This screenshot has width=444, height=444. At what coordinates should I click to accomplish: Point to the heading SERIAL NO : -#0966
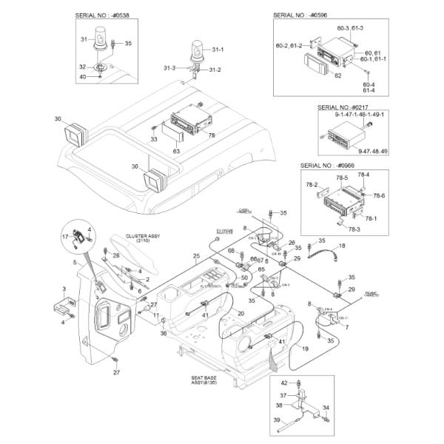(x=329, y=165)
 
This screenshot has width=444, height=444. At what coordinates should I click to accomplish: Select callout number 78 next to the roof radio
(x=212, y=135)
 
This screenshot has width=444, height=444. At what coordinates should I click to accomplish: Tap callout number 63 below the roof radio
(x=177, y=151)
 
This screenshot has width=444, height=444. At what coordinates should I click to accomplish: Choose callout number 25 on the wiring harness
(x=196, y=257)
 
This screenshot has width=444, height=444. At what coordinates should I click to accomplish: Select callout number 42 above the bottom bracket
(x=284, y=382)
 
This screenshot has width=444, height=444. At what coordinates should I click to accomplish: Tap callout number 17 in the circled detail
(x=64, y=237)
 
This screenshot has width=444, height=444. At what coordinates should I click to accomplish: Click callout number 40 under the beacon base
(x=84, y=77)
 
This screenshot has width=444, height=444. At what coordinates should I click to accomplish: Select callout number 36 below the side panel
(x=163, y=333)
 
